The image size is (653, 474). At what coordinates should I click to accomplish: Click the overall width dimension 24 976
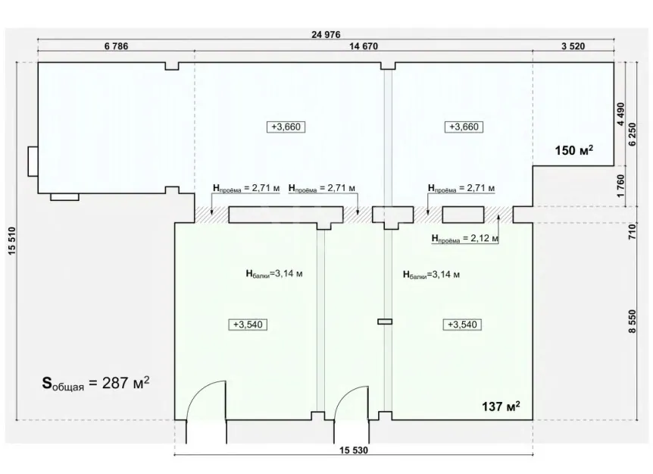pos(326,35)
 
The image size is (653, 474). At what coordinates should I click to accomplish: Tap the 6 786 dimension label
pos(116,46)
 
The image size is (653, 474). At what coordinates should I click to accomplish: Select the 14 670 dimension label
pos(364,46)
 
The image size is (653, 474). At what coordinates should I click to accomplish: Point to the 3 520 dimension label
pos(573,46)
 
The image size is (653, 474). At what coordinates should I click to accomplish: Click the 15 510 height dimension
pos(11,240)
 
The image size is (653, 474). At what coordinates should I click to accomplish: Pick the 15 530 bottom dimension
pos(354,450)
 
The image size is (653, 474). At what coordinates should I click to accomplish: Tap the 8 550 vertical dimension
pos(633,321)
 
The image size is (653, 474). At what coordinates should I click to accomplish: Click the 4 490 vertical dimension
pos(621,114)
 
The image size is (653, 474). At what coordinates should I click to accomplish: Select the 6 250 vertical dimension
pos(633,134)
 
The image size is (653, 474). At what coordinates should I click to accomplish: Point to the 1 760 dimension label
pos(621,186)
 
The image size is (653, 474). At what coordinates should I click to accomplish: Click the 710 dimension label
pos(633,231)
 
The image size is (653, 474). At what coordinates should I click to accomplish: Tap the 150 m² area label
pos(574,149)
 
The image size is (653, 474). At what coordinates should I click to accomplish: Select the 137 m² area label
pos(501,406)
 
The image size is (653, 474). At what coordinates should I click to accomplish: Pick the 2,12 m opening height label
pos(465,239)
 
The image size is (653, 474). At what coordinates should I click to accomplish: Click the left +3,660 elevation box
pos(286,127)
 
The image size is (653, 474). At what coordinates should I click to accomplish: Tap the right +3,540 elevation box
pos(462,325)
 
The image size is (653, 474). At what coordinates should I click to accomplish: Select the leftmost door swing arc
pos(199,391)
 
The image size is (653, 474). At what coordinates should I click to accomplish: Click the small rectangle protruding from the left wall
pos(33,161)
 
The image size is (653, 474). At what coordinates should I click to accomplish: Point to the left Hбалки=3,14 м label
pos(274,274)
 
